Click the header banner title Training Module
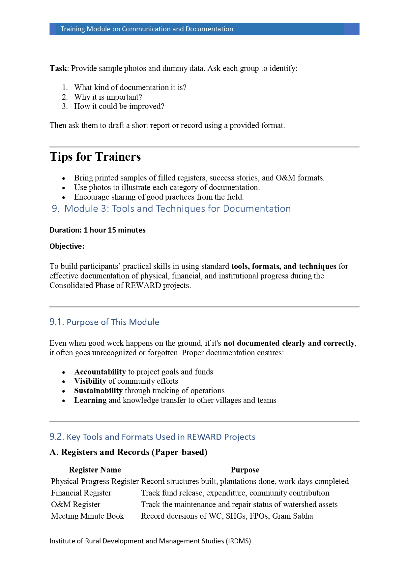(x=147, y=29)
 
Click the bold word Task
(x=58, y=68)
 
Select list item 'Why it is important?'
(x=108, y=97)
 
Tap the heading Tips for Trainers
(x=95, y=157)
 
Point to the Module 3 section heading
(x=171, y=209)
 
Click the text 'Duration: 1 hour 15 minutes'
(x=98, y=230)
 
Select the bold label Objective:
(x=67, y=246)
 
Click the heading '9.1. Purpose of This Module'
(x=104, y=322)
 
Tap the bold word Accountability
(x=100, y=372)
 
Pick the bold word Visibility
(x=90, y=381)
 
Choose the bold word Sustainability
(x=98, y=391)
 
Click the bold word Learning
(x=90, y=400)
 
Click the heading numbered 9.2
(x=152, y=437)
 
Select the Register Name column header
(x=95, y=470)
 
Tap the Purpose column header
(x=245, y=470)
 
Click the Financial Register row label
(x=81, y=493)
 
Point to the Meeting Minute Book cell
(x=88, y=516)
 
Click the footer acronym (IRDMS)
(x=238, y=541)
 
